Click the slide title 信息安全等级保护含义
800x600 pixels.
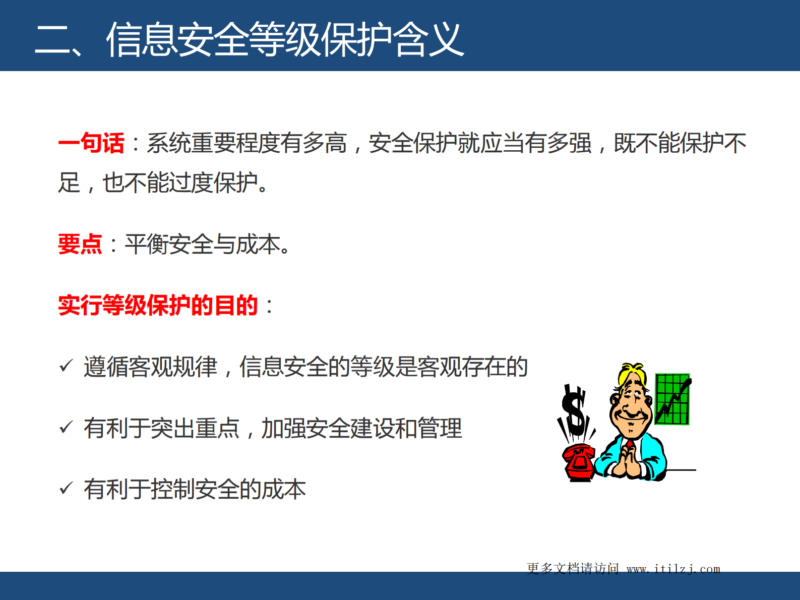pos(285,39)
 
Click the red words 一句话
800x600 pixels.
pos(91,143)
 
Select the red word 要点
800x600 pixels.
pos(80,245)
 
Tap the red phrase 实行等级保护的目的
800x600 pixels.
pos(158,306)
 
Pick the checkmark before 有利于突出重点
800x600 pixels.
pos(66,427)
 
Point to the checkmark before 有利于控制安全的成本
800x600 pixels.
pos(66,488)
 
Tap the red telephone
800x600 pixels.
pos(579,462)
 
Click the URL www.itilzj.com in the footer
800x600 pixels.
pos(673,569)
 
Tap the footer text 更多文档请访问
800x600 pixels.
pos(573,569)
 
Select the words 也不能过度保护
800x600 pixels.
pos(180,183)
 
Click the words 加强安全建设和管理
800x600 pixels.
pos(361,428)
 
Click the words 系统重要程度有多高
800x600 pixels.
pos(247,143)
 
